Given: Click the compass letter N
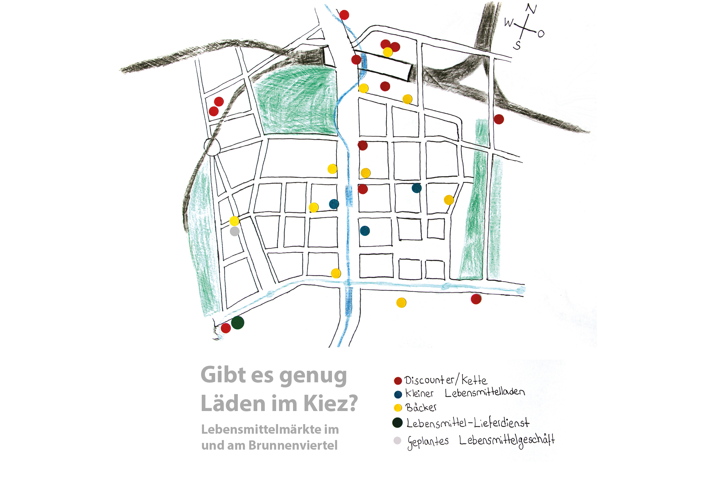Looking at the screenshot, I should tap(531, 9).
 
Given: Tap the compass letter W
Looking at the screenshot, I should tap(509, 23).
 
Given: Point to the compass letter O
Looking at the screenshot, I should tap(541, 34).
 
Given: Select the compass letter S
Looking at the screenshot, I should tap(517, 45).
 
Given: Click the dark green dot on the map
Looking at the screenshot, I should tap(237, 323).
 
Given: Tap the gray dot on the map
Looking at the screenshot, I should tap(235, 231).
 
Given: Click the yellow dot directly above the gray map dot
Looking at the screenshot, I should tap(234, 221).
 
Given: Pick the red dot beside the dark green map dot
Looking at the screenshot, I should tap(226, 328).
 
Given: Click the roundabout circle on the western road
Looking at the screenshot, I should tap(212, 147).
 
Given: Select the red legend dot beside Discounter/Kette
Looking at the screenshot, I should tap(398, 381).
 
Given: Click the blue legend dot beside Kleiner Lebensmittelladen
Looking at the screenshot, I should tap(398, 394).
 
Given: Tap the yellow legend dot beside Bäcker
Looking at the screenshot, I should tap(398, 408).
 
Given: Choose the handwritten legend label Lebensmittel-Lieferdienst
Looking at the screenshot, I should tap(468, 423).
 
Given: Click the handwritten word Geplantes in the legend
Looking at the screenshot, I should tap(428, 442).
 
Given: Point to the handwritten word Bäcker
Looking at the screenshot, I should tap(421, 408).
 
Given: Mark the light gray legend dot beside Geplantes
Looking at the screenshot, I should tap(397, 441).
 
